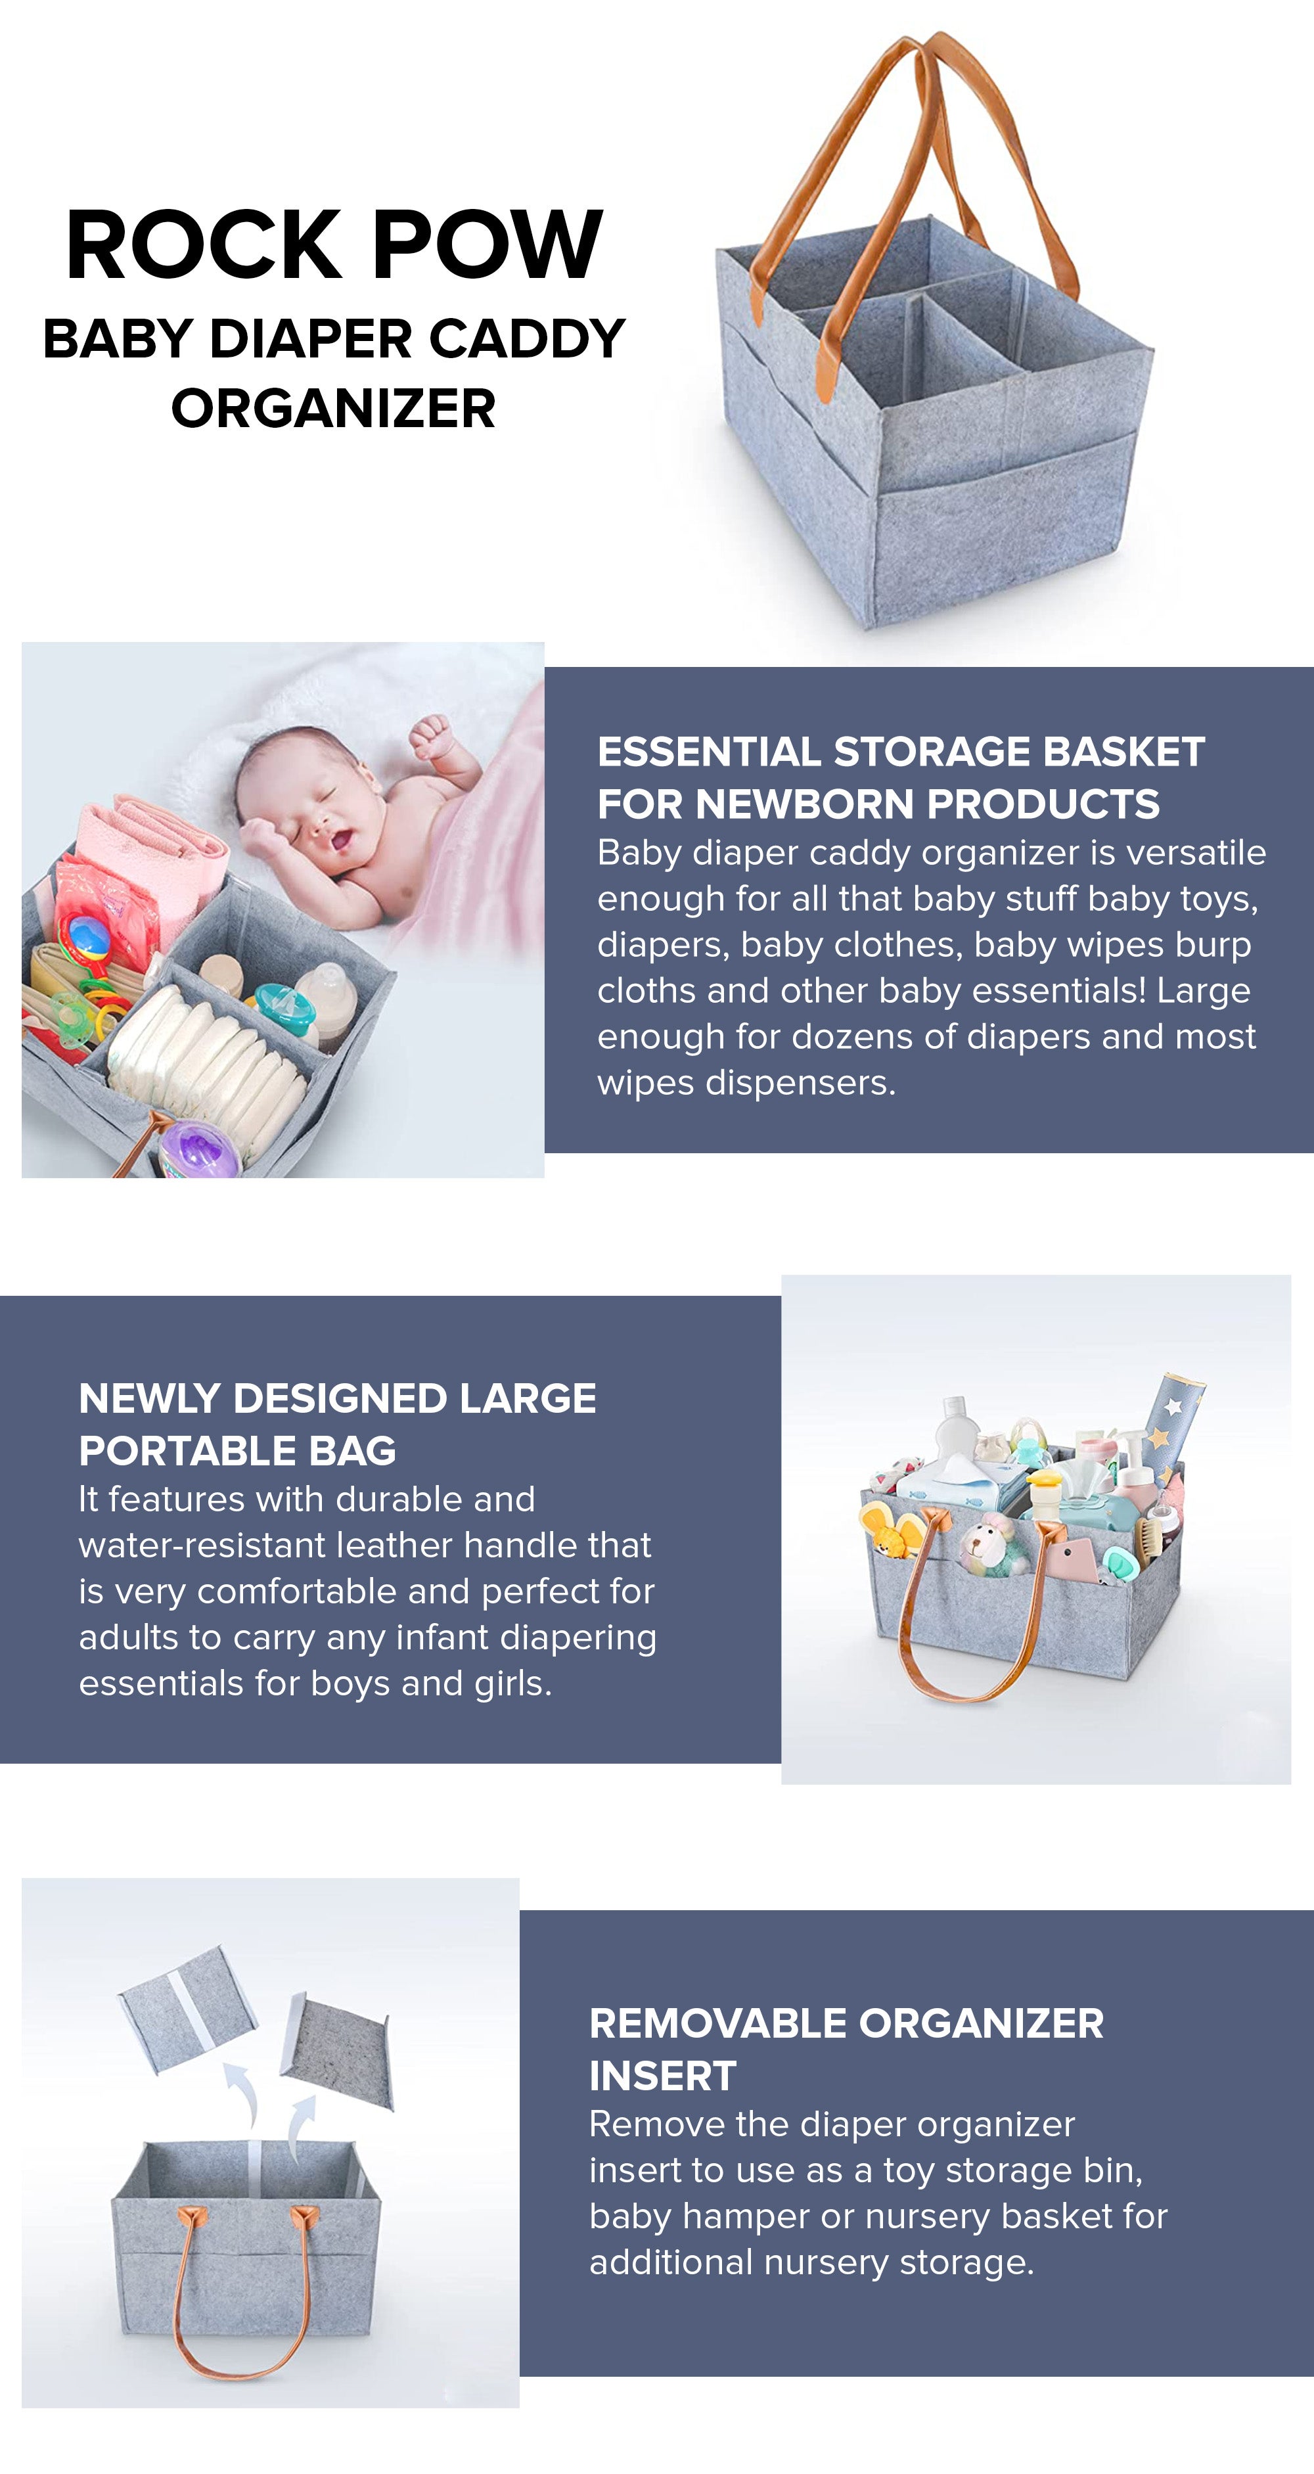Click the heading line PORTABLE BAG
(x=237, y=1450)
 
